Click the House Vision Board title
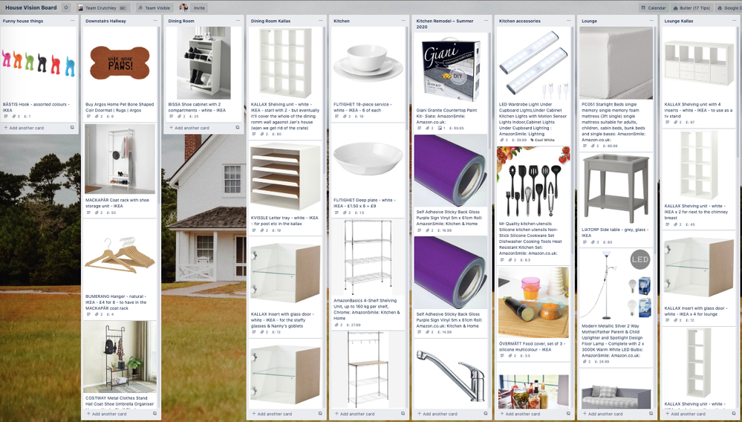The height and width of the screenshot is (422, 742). pos(31,7)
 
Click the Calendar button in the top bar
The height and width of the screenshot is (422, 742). pos(653,7)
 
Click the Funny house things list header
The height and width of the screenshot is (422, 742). pos(23,21)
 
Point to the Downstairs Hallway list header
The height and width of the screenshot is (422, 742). pos(106,21)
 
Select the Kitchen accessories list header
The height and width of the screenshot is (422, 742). pos(520,21)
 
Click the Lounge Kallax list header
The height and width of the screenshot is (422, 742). pos(679,21)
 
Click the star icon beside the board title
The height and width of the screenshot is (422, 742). pos(65,7)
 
